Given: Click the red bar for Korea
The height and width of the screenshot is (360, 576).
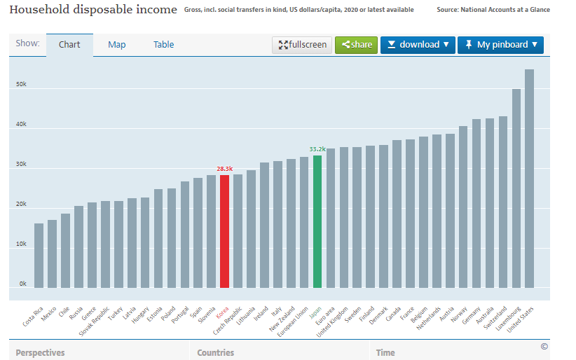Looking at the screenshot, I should (224, 231).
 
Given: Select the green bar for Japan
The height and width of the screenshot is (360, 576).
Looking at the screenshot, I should (317, 221).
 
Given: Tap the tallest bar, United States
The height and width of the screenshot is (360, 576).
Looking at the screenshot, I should (530, 179).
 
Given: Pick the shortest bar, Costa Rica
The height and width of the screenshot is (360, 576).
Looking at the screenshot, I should (39, 256).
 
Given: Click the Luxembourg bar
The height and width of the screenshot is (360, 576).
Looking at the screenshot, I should (516, 188).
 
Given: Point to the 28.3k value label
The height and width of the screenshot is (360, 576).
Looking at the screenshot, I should (224, 169).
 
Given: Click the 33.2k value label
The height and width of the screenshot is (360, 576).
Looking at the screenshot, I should (317, 148).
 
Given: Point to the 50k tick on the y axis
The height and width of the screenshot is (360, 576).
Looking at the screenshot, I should (22, 85).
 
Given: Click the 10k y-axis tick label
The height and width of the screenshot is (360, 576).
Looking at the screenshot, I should (22, 244).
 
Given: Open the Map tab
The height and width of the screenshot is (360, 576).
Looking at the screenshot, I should (117, 45).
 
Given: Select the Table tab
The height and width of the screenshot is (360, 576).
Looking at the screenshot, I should (164, 45).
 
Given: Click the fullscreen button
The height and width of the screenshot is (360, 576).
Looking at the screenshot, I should (302, 45).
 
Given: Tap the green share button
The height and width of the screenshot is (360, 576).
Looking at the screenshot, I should (356, 45).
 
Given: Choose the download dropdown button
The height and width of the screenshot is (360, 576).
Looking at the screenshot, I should (418, 45).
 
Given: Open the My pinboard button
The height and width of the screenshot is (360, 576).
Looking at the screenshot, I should (500, 45).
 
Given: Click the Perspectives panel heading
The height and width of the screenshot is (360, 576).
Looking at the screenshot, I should (41, 352).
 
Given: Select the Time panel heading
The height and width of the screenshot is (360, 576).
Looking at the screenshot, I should (385, 352).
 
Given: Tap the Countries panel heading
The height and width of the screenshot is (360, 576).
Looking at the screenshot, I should (216, 352).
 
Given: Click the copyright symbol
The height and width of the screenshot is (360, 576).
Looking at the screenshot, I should (544, 346).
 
